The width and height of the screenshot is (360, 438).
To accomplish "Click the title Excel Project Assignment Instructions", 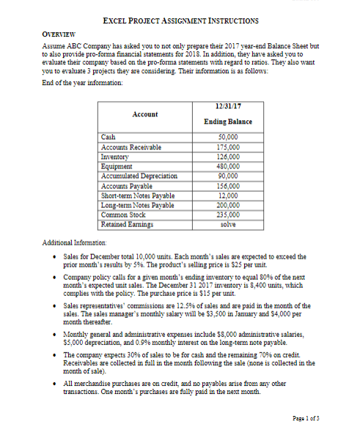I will tap(180, 22).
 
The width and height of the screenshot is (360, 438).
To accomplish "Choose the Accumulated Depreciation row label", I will tap(139, 177).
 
